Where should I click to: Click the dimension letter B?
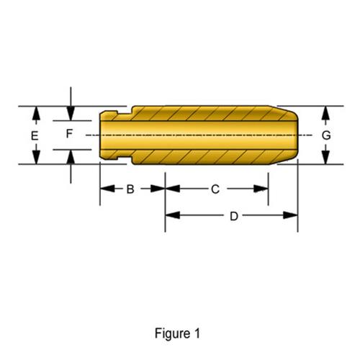pyautogui.click(x=130, y=189)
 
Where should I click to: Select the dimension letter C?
pyautogui.click(x=215, y=189)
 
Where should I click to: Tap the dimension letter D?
pyautogui.click(x=234, y=216)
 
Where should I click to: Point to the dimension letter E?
pyautogui.click(x=35, y=136)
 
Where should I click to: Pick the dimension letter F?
pyautogui.click(x=69, y=134)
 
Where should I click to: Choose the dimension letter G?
pyautogui.click(x=326, y=135)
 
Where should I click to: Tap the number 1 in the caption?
pyautogui.click(x=197, y=333)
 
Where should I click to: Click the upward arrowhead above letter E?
pyautogui.click(x=36, y=113)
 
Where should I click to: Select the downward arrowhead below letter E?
pyautogui.click(x=36, y=157)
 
